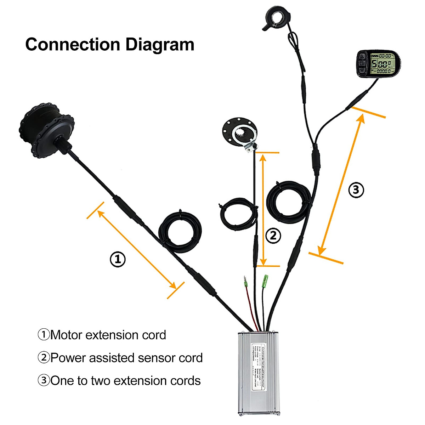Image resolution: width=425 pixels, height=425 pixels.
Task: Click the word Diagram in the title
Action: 160,45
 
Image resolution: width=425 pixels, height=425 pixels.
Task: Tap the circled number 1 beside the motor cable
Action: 118,259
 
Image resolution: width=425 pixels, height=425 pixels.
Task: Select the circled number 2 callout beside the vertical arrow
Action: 273,236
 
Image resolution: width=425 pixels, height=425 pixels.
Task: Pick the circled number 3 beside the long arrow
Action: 356,190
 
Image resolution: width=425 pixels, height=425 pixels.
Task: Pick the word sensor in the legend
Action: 157,358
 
